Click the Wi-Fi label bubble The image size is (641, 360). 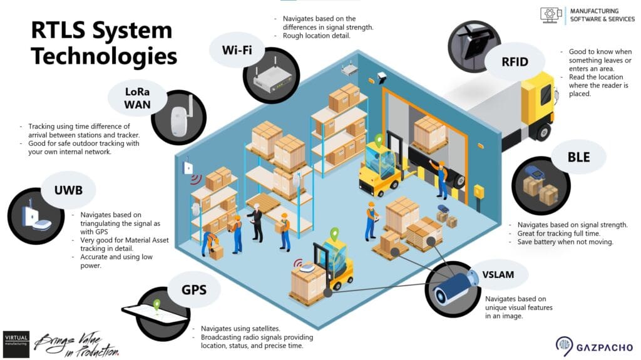pyautogui.click(x=237, y=49)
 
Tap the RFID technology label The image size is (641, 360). pyautogui.click(x=515, y=61)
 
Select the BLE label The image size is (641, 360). pyautogui.click(x=578, y=157)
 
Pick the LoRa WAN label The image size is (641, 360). pyautogui.click(x=137, y=98)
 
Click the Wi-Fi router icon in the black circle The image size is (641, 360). pyautogui.click(x=272, y=78)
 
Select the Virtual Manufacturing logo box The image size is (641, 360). pyautogui.click(x=16, y=344)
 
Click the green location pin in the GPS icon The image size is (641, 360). pyautogui.click(x=156, y=306)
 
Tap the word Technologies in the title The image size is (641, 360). pyautogui.click(x=104, y=56)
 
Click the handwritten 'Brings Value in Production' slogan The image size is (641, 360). pyautogui.click(x=76, y=344)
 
